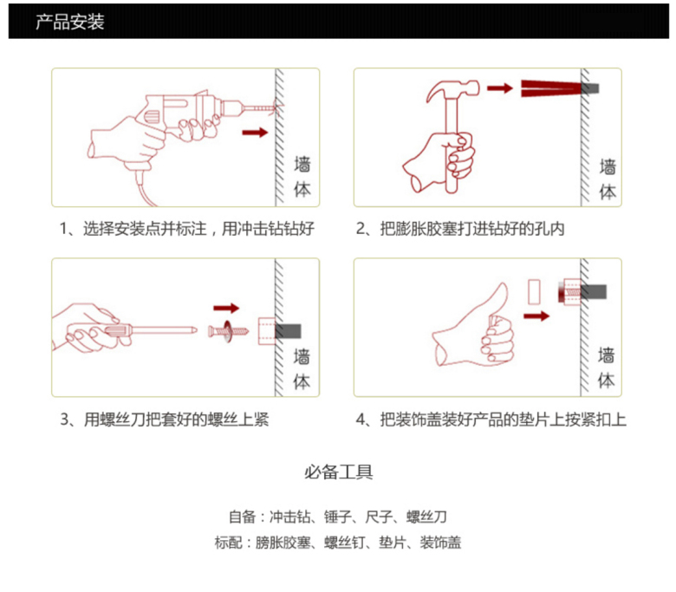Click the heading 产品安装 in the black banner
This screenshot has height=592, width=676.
pos(70,22)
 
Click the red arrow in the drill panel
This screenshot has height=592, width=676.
pos(255,132)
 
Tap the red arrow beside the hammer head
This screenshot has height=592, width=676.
pos(500,88)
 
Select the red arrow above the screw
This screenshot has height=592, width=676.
pos(226,308)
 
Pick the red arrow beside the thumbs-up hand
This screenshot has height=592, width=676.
pos(536,316)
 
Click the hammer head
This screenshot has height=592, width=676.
pos(452,89)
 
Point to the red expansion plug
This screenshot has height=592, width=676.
pos(551,88)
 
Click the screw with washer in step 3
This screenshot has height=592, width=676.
pos(228,331)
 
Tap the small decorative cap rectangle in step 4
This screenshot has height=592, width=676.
pos(534,292)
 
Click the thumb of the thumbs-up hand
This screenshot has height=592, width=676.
pos(497,302)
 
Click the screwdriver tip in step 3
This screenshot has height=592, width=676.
pos(194,330)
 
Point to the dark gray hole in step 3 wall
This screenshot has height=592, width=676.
pos(288,331)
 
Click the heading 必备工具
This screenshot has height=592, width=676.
pos(338,472)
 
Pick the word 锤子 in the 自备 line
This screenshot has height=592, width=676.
pos(338,516)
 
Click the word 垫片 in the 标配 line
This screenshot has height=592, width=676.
pos(393,542)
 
